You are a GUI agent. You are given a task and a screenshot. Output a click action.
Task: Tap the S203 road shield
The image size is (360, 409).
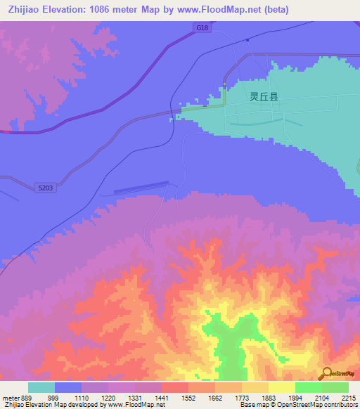tap(45, 188)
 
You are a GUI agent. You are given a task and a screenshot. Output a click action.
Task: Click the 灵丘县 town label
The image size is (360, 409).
tap(264, 98)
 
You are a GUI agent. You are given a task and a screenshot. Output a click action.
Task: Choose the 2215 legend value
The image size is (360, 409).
tap(348, 398)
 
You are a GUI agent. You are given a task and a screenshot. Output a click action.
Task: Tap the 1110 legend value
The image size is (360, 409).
tap(82, 398)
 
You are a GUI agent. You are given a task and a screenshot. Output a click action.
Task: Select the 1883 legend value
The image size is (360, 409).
tap(268, 398)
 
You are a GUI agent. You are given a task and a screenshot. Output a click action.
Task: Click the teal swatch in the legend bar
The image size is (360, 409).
tap(41, 387)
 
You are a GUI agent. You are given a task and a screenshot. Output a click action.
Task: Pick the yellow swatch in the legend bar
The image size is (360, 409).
tap(281, 387)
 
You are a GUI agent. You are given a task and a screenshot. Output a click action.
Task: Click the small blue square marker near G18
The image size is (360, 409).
tap(247, 40)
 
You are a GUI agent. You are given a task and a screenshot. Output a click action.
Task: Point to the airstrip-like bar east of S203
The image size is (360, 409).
tap(141, 186)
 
